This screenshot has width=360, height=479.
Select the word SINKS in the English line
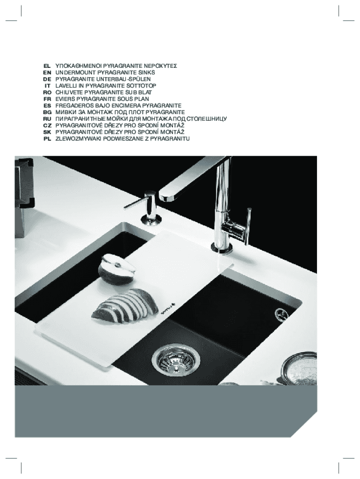coord(147,73)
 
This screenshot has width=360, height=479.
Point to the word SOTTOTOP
coord(143,86)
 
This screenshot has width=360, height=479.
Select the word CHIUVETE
coord(69,92)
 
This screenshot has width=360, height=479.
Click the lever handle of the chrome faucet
coord(248,226)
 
